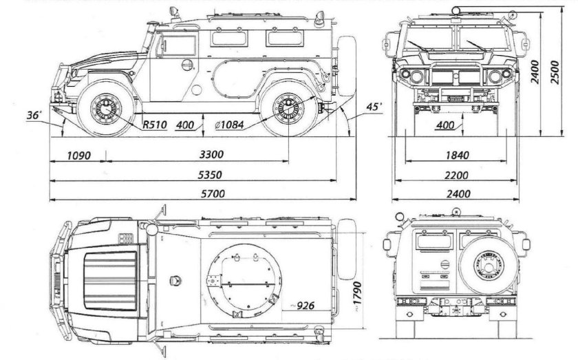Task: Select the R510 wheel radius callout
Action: pos(155,125)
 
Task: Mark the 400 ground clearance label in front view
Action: pos(445,125)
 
